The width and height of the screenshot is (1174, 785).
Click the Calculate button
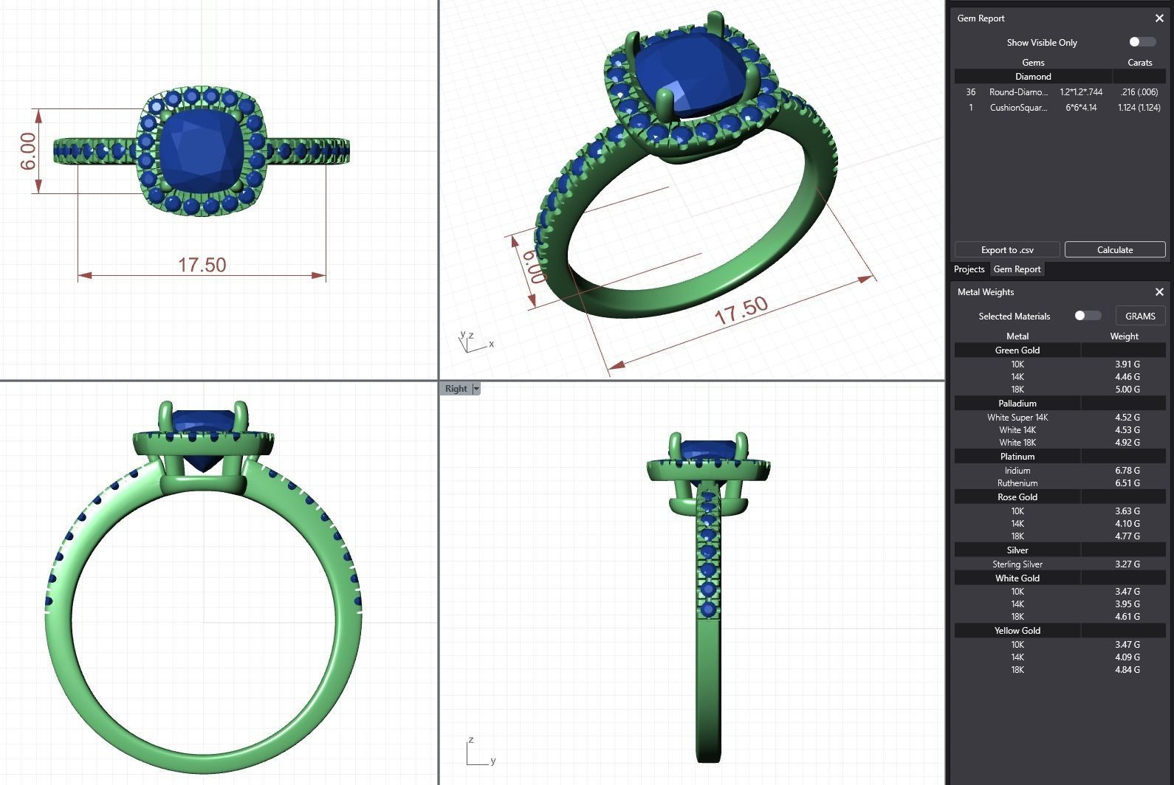(x=1114, y=249)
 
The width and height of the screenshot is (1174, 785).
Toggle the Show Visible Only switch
(x=1142, y=42)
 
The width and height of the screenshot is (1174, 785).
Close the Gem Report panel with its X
(x=1158, y=18)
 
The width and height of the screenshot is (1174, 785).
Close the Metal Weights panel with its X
(x=1158, y=292)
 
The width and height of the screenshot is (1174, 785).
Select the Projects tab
(x=969, y=269)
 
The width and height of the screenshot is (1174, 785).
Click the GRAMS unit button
(x=1139, y=316)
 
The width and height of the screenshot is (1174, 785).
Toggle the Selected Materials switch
(x=1087, y=316)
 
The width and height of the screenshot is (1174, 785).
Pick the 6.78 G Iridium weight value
(x=1127, y=470)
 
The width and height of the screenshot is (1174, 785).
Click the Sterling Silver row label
(x=1017, y=564)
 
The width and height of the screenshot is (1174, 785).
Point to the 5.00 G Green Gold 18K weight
(x=1127, y=389)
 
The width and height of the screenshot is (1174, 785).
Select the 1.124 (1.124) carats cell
(x=1139, y=108)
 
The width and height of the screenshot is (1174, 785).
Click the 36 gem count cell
(x=970, y=92)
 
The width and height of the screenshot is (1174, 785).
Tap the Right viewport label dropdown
(x=476, y=389)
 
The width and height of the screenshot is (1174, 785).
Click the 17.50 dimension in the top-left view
(x=202, y=265)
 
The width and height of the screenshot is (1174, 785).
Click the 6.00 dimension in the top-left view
(x=27, y=151)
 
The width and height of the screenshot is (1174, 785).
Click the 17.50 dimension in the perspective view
(x=741, y=311)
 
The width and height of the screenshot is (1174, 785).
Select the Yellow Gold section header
(x=1017, y=631)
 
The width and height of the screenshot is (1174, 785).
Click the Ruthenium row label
(x=1017, y=483)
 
